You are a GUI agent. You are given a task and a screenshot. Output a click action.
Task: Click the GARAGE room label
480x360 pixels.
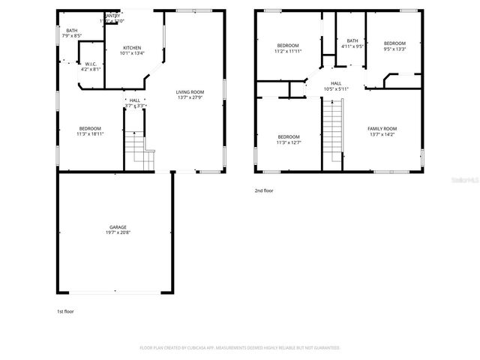coord(117,226)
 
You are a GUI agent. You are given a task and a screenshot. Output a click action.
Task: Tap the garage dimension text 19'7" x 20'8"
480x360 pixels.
coord(117,232)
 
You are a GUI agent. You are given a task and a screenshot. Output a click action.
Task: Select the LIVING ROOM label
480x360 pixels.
coord(190,91)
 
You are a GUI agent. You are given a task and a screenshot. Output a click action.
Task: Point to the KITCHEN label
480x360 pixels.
coord(133,47)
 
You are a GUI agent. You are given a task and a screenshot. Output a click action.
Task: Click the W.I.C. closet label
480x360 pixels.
coord(89,64)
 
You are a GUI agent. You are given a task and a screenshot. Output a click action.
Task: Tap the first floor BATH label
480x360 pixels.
coord(72,30)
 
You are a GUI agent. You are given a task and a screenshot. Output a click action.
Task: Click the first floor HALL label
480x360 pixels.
coord(134,100)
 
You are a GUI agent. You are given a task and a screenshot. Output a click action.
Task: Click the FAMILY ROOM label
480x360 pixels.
coord(382,129)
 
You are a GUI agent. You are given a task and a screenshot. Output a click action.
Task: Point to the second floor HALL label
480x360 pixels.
coord(336,83)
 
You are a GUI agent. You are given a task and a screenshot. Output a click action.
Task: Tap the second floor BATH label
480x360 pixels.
coord(352,40)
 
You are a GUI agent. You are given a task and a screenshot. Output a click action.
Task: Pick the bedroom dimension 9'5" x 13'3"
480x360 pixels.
coord(394,49)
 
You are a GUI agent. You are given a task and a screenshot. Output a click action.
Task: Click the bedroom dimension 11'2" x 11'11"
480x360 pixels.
coord(289,51)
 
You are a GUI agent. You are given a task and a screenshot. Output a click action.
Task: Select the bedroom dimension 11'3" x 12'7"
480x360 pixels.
coord(289,142)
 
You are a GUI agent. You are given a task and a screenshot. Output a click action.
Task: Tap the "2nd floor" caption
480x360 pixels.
coord(263,191)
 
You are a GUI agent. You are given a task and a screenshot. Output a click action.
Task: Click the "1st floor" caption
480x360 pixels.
coord(65,310)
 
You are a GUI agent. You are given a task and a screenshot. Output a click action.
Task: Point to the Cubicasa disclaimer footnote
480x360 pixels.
coord(240,348)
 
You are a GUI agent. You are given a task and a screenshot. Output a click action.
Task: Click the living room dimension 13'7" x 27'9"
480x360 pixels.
coord(190,97)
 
